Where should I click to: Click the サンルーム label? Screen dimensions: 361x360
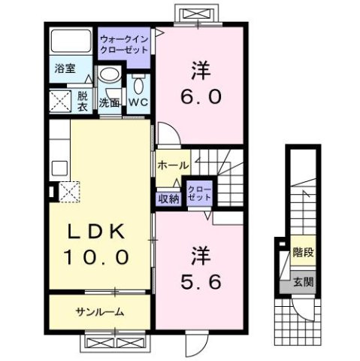tap(98, 311)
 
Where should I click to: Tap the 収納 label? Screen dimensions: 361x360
tap(168, 199)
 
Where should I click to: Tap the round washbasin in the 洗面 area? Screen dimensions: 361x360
tap(110, 75)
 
